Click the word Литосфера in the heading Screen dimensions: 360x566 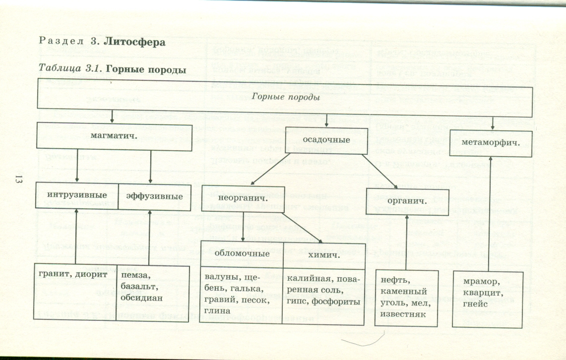pos(136,42)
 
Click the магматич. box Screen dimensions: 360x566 pos(114,135)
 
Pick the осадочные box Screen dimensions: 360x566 pos(326,140)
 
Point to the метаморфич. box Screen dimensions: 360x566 pos(491,143)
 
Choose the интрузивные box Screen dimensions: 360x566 pos(77,196)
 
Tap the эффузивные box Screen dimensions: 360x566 pos(154,196)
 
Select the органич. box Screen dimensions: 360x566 pos(407,201)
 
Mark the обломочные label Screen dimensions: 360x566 pos(243,253)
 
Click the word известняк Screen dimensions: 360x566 pos(400,313)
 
